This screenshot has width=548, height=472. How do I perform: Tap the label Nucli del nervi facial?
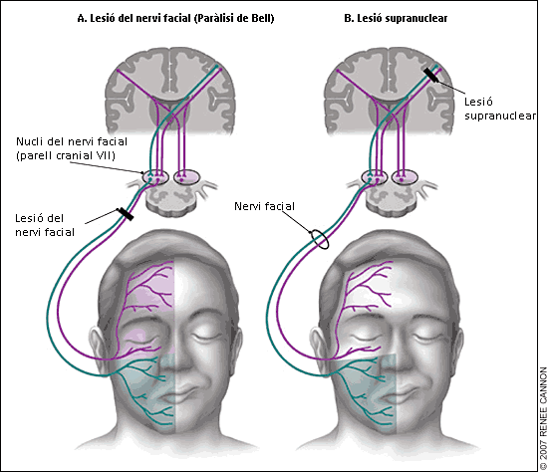[x=65, y=148]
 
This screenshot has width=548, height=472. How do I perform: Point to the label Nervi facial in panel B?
[x=265, y=206]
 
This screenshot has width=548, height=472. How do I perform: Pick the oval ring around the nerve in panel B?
[x=318, y=240]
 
